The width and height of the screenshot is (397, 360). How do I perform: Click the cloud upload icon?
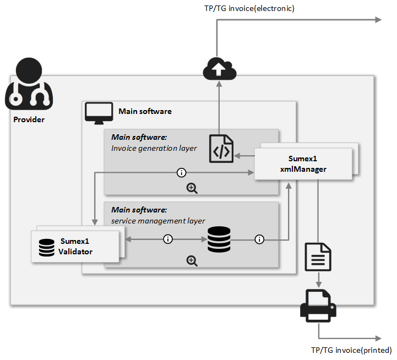click(x=219, y=69)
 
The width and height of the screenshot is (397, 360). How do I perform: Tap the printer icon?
click(x=318, y=306)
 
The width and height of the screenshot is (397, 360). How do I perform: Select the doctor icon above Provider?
click(x=29, y=85)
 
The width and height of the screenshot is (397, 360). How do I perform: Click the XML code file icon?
click(x=221, y=148)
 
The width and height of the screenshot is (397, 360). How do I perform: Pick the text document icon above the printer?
click(x=318, y=257)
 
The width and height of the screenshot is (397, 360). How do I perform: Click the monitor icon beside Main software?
click(x=99, y=112)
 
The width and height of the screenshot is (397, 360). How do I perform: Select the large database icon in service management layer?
click(x=219, y=239)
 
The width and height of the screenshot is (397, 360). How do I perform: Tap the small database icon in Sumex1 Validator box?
click(x=47, y=248)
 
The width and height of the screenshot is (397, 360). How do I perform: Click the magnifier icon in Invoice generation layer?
click(x=192, y=188)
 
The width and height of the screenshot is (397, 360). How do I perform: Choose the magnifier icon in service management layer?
click(x=192, y=261)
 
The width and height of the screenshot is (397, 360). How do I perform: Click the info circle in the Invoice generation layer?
click(x=181, y=173)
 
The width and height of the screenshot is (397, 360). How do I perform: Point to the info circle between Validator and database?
click(x=168, y=239)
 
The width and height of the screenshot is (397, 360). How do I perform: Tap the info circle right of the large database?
click(x=259, y=239)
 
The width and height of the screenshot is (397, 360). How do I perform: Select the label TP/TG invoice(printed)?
click(x=351, y=350)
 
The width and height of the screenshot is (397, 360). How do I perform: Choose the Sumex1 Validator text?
click(x=75, y=247)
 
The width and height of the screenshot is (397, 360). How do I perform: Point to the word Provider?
click(x=29, y=119)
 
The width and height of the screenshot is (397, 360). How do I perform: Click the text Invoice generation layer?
click(x=146, y=148)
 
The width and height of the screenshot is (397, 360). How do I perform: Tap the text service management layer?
click(x=151, y=221)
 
